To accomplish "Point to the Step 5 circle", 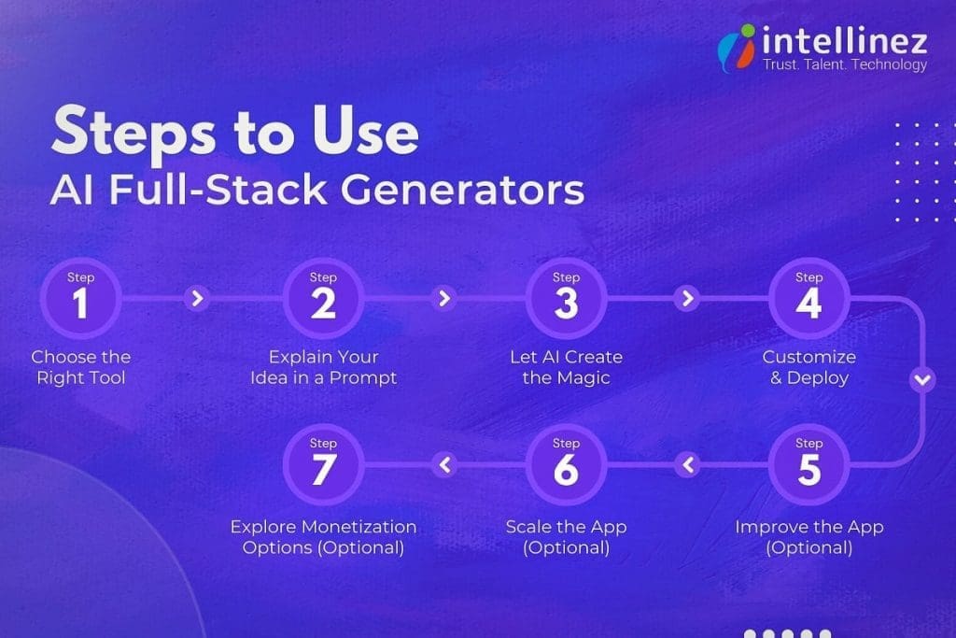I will pyautogui.click(x=808, y=464).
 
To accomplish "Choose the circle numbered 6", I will pyautogui.click(x=566, y=464).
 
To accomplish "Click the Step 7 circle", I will pyautogui.click(x=323, y=464).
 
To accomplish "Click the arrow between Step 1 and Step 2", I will pyautogui.click(x=196, y=299).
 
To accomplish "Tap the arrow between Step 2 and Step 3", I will pyautogui.click(x=444, y=299).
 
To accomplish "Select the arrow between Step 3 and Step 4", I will pyautogui.click(x=687, y=299).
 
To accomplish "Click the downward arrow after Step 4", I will pyautogui.click(x=922, y=380).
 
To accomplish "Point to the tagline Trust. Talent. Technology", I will pyautogui.click(x=845, y=64).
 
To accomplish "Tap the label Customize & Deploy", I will pyautogui.click(x=808, y=367).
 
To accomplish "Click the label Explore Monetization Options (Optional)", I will pyautogui.click(x=323, y=537).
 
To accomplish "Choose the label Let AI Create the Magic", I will pyautogui.click(x=566, y=367).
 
